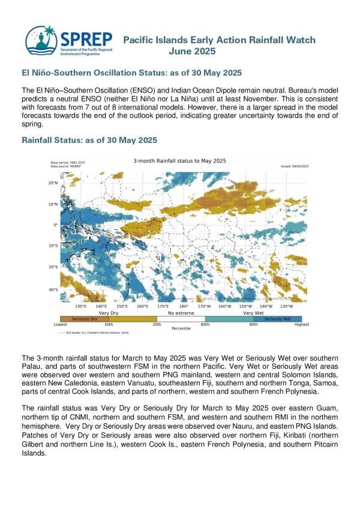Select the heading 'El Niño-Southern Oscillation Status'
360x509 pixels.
pyautogui.click(x=131, y=73)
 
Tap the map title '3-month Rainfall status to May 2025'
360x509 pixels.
pyautogui.click(x=179, y=160)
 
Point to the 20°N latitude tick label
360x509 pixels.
pyautogui.click(x=53, y=183)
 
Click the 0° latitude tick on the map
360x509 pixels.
pyautogui.click(x=55, y=225)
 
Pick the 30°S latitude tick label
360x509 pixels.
pyautogui.click(x=53, y=290)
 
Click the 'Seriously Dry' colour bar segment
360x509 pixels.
pyautogui.click(x=85, y=319)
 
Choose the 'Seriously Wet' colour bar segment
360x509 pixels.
pyautogui.click(x=277, y=319)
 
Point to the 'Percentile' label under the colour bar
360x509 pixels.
pyautogui.click(x=181, y=329)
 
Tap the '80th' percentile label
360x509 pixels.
pyautogui.click(x=205, y=324)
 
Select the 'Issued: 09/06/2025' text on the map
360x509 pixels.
pyautogui.click(x=295, y=165)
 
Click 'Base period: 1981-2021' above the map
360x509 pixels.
pyautogui.click(x=68, y=162)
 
